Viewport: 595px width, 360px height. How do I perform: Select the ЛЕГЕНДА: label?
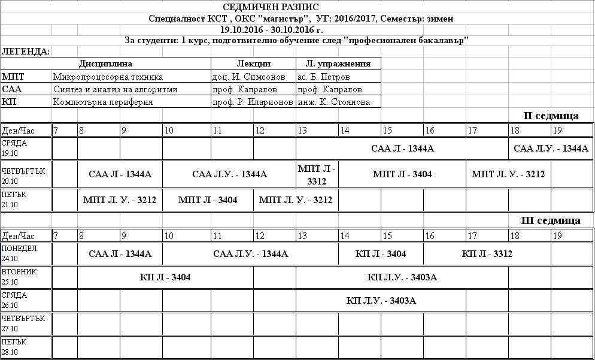point(26,52)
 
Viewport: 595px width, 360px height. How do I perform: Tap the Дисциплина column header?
point(105,63)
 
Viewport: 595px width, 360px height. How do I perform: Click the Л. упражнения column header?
point(338,63)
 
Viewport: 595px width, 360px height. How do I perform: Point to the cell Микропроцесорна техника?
point(108,77)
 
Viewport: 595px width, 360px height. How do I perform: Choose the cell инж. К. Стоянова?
point(333,102)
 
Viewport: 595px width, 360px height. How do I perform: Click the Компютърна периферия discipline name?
point(103,102)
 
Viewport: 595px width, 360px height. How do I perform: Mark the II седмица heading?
point(551,116)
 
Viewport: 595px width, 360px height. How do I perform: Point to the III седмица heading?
point(551,220)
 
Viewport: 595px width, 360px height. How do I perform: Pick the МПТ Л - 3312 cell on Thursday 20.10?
point(317,174)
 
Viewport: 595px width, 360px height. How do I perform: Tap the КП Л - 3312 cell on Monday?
point(487,254)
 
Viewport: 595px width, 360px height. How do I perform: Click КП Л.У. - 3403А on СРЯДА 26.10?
point(381,300)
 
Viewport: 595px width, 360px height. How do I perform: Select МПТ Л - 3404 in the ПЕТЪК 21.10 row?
point(207,200)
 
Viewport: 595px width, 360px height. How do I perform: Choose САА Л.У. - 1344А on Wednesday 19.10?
point(551,149)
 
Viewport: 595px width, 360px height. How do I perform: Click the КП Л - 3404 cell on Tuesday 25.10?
point(165,277)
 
